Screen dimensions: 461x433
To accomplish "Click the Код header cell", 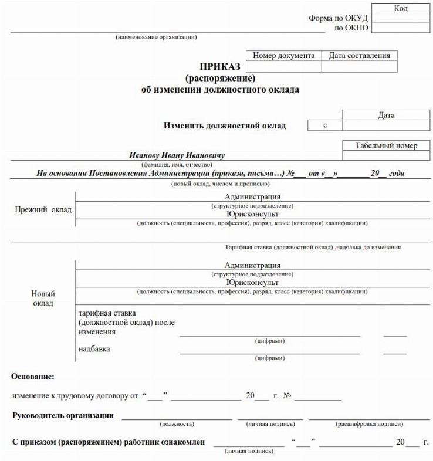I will (x=401, y=8).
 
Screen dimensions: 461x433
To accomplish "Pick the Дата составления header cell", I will (x=359, y=56).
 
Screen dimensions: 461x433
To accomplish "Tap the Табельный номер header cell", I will (x=386, y=145).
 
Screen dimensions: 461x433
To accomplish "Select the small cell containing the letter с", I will (x=324, y=126).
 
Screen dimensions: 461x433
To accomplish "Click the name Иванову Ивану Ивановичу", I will (x=177, y=156).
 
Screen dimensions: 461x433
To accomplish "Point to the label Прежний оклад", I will (x=43, y=209).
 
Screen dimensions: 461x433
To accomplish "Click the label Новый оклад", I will (x=43, y=298).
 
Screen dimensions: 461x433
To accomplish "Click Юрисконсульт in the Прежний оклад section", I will (x=252, y=214).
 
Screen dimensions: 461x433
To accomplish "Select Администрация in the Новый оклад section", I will (x=252, y=265).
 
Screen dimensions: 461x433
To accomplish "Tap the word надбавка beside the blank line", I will (x=94, y=350).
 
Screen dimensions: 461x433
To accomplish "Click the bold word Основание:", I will (x=33, y=376).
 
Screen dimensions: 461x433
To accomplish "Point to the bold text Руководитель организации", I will (x=63, y=416).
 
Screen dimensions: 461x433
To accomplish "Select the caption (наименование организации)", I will (x=156, y=38).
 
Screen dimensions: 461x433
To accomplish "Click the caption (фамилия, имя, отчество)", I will (x=177, y=165).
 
